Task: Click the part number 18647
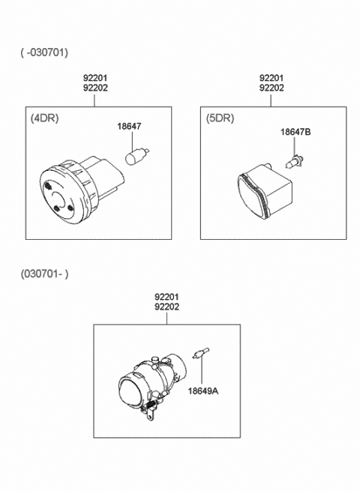129,126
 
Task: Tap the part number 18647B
295,132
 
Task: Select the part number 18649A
203,391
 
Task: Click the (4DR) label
44,118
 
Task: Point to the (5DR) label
220,118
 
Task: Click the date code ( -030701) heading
44,52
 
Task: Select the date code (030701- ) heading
44,274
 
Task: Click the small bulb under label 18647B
293,163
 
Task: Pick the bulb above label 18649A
200,353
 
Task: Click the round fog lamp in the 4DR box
81,190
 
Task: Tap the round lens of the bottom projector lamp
130,390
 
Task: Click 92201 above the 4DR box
95,77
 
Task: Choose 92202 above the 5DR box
271,88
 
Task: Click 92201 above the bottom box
166,296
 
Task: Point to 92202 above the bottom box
166,307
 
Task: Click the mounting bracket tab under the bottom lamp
151,415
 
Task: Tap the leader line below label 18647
133,142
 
